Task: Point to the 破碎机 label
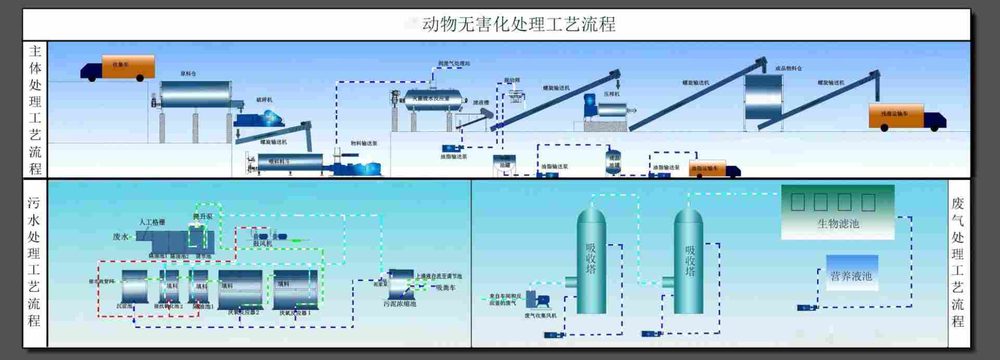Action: [264, 100]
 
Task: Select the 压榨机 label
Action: [611, 94]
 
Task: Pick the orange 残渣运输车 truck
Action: [896, 116]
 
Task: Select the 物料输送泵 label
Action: [364, 143]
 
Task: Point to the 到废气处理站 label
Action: [454, 64]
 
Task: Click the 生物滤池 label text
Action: [838, 224]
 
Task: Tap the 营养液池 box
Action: [852, 274]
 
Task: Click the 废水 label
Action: [120, 237]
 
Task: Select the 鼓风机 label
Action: [262, 244]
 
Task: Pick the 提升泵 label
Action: [203, 216]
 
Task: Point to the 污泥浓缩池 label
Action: [399, 304]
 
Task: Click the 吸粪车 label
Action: [446, 288]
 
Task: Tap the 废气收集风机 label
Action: [540, 316]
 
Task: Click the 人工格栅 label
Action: [152, 222]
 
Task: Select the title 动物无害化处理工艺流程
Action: [518, 24]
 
